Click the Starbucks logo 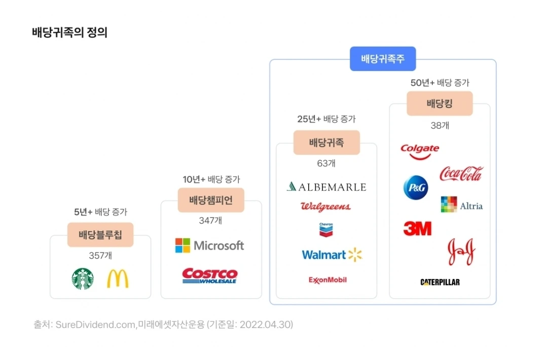(83, 279)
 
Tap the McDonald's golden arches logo (118, 279)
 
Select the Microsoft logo (209, 245)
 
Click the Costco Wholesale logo (210, 276)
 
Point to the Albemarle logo (326, 187)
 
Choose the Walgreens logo (325, 206)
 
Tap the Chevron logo (326, 230)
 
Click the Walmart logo (332, 255)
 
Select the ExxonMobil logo (327, 279)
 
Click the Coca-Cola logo (461, 174)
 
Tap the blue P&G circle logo (416, 188)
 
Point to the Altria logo (461, 205)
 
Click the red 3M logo (417, 229)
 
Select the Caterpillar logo (440, 282)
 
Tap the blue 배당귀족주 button (383, 59)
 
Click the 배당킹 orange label (440, 104)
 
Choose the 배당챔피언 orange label (211, 200)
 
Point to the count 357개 (100, 256)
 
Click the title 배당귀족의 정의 (69, 33)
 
